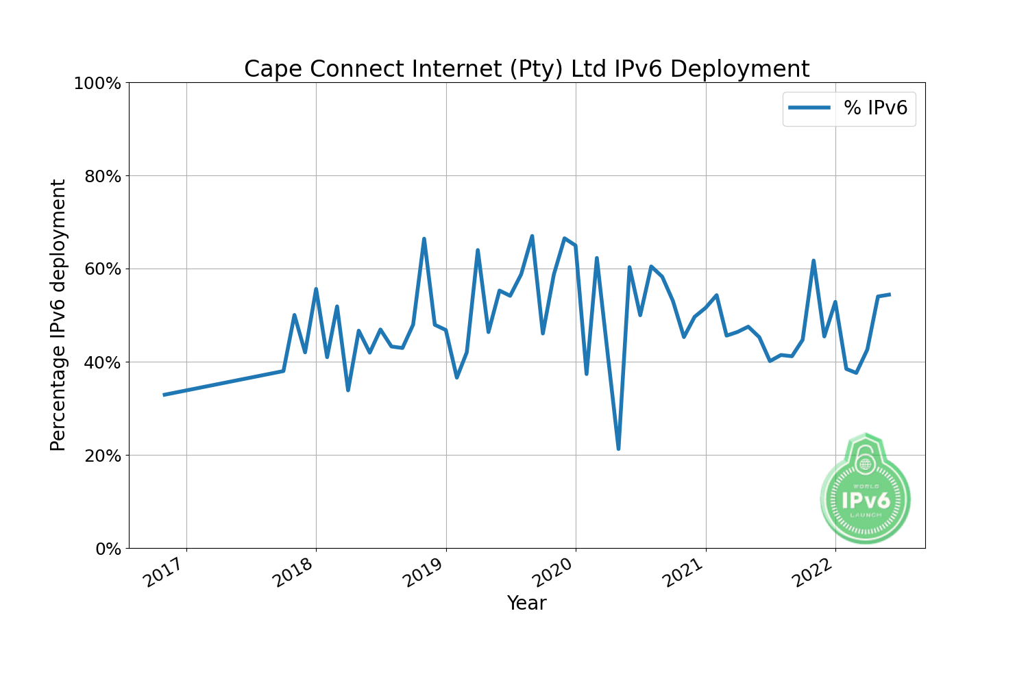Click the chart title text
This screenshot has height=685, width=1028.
[526, 69]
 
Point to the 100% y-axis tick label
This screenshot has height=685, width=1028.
[97, 84]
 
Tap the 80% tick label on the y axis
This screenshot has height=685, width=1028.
[101, 177]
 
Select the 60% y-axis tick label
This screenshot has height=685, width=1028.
[101, 269]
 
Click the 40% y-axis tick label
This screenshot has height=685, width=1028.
[101, 362]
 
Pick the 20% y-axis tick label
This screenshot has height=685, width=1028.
[101, 456]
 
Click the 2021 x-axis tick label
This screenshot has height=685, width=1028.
[683, 573]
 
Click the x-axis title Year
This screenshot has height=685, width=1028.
[526, 603]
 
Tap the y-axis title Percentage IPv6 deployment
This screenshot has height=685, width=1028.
[58, 315]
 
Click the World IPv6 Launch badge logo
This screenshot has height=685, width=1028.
[866, 490]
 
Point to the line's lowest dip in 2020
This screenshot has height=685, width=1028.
[618, 449]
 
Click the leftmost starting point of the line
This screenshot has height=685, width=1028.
[164, 395]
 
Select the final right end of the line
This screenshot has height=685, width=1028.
[889, 295]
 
